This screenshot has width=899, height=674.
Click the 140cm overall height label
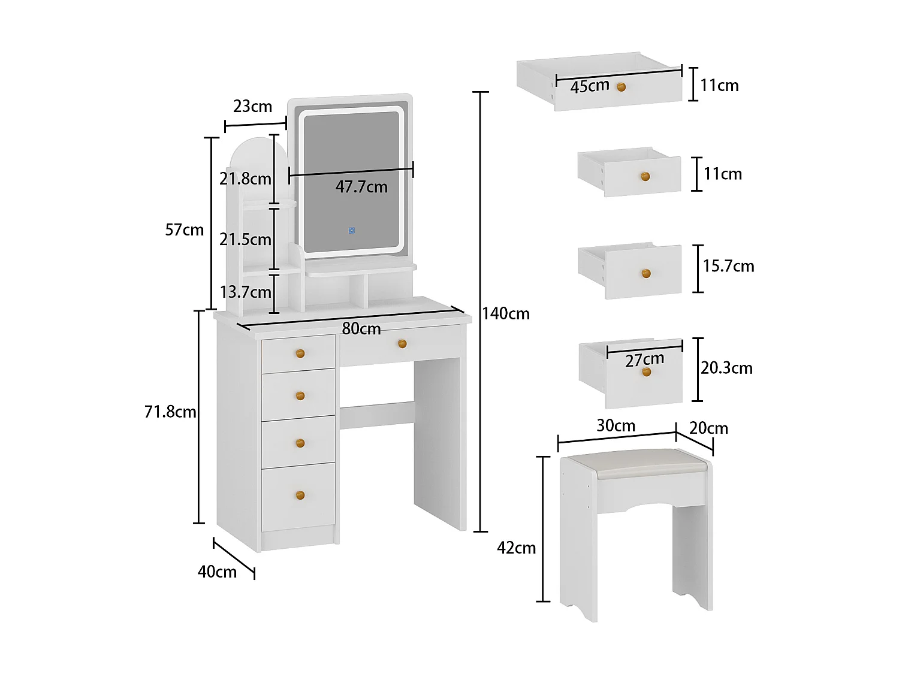(x=506, y=313)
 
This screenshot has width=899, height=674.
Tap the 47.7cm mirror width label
(x=361, y=187)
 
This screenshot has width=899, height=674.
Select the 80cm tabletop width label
(x=361, y=328)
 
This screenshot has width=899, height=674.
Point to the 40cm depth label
(x=217, y=572)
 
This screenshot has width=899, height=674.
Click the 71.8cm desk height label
(x=170, y=412)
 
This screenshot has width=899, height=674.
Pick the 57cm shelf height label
(x=185, y=230)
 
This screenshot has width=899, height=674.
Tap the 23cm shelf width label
(x=252, y=107)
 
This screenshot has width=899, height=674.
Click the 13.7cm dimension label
(x=246, y=292)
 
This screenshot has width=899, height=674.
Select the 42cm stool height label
(x=516, y=548)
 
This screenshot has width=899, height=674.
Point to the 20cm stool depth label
(x=708, y=428)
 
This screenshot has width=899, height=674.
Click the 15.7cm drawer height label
(x=728, y=266)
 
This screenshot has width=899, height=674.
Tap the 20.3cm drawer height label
(x=726, y=368)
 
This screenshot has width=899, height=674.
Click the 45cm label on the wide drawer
(x=590, y=86)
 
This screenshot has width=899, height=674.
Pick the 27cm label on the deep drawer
(x=644, y=359)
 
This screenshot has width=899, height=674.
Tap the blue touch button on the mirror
(x=352, y=230)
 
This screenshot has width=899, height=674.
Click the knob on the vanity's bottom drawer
(x=300, y=495)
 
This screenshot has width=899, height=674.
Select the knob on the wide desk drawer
(x=402, y=343)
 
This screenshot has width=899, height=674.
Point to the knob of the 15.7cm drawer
(x=646, y=273)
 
